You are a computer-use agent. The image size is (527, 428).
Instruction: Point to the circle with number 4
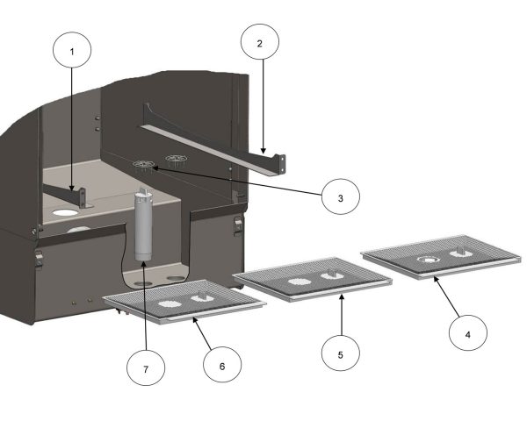click(x=468, y=334)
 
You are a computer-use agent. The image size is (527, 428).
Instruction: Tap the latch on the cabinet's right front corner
click(x=238, y=226)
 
